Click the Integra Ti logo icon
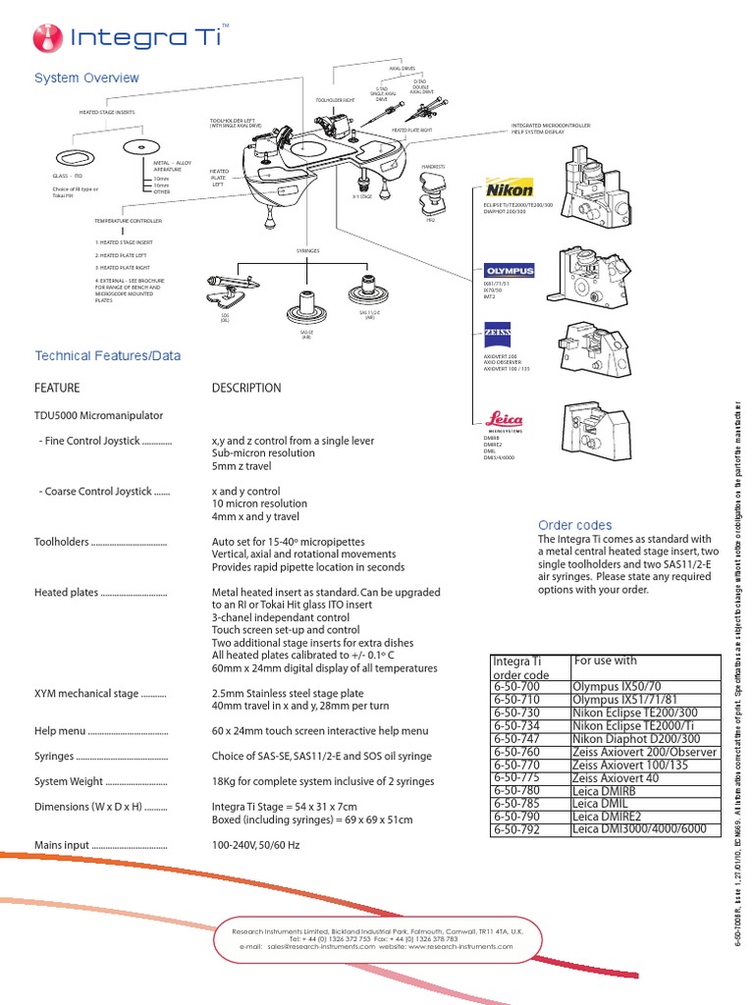coord(47,38)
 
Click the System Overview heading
coord(86,78)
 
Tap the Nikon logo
coord(510,189)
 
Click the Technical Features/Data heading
coord(108,355)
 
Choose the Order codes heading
coord(574,525)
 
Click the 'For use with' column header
coord(605,661)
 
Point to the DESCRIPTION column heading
coord(245,388)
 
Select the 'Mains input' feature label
coord(63,844)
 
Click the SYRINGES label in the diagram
coord(308,251)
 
